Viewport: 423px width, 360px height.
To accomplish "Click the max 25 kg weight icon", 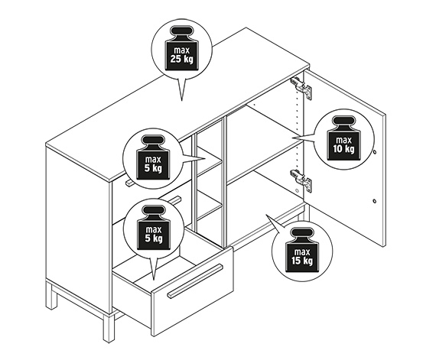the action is coord(182,49).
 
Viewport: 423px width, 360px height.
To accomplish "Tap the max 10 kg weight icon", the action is coord(343,138).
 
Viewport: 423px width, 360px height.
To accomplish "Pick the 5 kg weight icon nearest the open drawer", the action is coord(154,228).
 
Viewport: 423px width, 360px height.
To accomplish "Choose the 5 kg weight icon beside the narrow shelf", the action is coord(153,157).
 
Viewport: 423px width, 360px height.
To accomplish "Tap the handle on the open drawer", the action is coord(195,281).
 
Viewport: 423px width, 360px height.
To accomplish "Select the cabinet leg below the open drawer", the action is coord(109,328).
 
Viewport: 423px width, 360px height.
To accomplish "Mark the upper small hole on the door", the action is coord(375,152).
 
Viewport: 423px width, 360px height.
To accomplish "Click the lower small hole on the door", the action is coord(375,201).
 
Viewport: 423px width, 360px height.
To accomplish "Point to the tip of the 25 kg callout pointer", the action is coord(181,101).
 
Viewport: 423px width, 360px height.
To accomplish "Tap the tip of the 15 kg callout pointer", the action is coord(266,215).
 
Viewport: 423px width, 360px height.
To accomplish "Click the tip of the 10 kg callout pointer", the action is coord(292,138).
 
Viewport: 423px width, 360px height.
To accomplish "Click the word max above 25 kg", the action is coord(182,50).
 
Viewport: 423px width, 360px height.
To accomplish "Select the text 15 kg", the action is coord(302,261).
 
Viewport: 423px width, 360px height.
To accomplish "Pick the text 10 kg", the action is coord(343,148).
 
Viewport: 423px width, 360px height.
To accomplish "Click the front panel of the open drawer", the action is coord(193,291).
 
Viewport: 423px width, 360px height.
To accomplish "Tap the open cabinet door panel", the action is coord(345,157).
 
